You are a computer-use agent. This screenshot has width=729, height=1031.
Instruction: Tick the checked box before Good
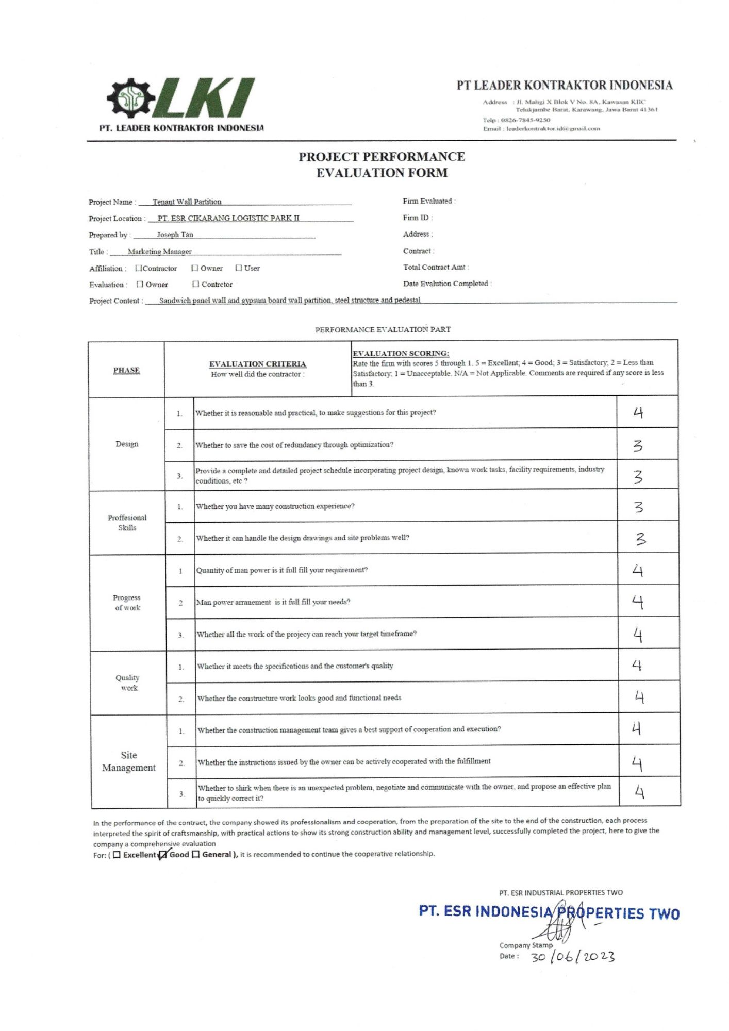163,855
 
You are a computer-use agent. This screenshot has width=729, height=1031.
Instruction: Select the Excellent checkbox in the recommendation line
117,855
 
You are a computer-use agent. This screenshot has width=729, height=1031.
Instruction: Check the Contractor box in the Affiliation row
138,268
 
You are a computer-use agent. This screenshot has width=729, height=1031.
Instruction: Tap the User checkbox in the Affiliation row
239,268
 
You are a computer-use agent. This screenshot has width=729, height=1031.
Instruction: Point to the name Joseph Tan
175,235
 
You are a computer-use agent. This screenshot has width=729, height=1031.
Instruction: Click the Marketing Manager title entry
159,252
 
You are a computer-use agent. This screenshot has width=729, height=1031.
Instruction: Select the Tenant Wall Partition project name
187,202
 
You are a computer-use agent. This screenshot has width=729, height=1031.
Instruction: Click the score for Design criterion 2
638,445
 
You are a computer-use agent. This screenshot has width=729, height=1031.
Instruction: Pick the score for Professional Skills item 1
638,507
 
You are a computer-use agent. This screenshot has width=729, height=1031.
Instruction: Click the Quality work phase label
127,683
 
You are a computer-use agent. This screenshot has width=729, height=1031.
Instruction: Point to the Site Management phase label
129,761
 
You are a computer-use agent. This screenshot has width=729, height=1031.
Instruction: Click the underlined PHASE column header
126,370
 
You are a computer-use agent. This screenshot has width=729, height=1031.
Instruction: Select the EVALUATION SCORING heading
401,353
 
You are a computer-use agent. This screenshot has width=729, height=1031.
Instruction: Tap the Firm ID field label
418,218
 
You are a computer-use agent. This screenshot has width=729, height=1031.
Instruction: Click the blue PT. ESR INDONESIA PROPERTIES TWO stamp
549,912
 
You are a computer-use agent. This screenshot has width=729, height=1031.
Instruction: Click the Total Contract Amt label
436,267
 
